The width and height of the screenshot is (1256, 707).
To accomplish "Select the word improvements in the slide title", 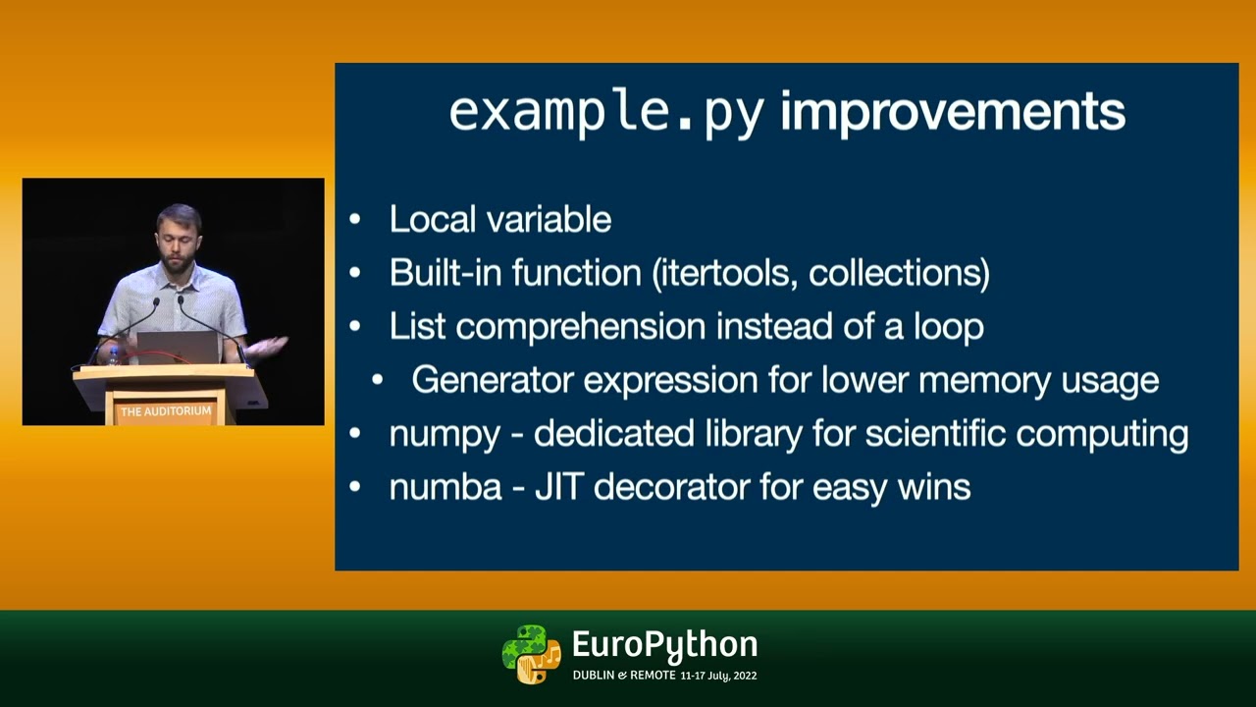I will [x=952, y=112].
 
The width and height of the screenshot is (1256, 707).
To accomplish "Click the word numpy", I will [x=444, y=434].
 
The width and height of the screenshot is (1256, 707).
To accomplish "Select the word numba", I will [x=445, y=487].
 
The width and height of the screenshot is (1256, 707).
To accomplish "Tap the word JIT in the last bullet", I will [x=559, y=487].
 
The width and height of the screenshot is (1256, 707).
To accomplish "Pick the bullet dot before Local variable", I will [x=355, y=220].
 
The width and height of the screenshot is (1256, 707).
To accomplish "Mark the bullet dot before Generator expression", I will [x=378, y=380].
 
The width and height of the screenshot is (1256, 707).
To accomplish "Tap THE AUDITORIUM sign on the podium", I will [x=166, y=411].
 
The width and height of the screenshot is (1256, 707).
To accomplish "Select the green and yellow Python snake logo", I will [x=531, y=654].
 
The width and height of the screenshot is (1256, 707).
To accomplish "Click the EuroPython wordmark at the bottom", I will [x=664, y=645].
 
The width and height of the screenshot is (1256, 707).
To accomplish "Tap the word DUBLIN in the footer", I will [x=593, y=676].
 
